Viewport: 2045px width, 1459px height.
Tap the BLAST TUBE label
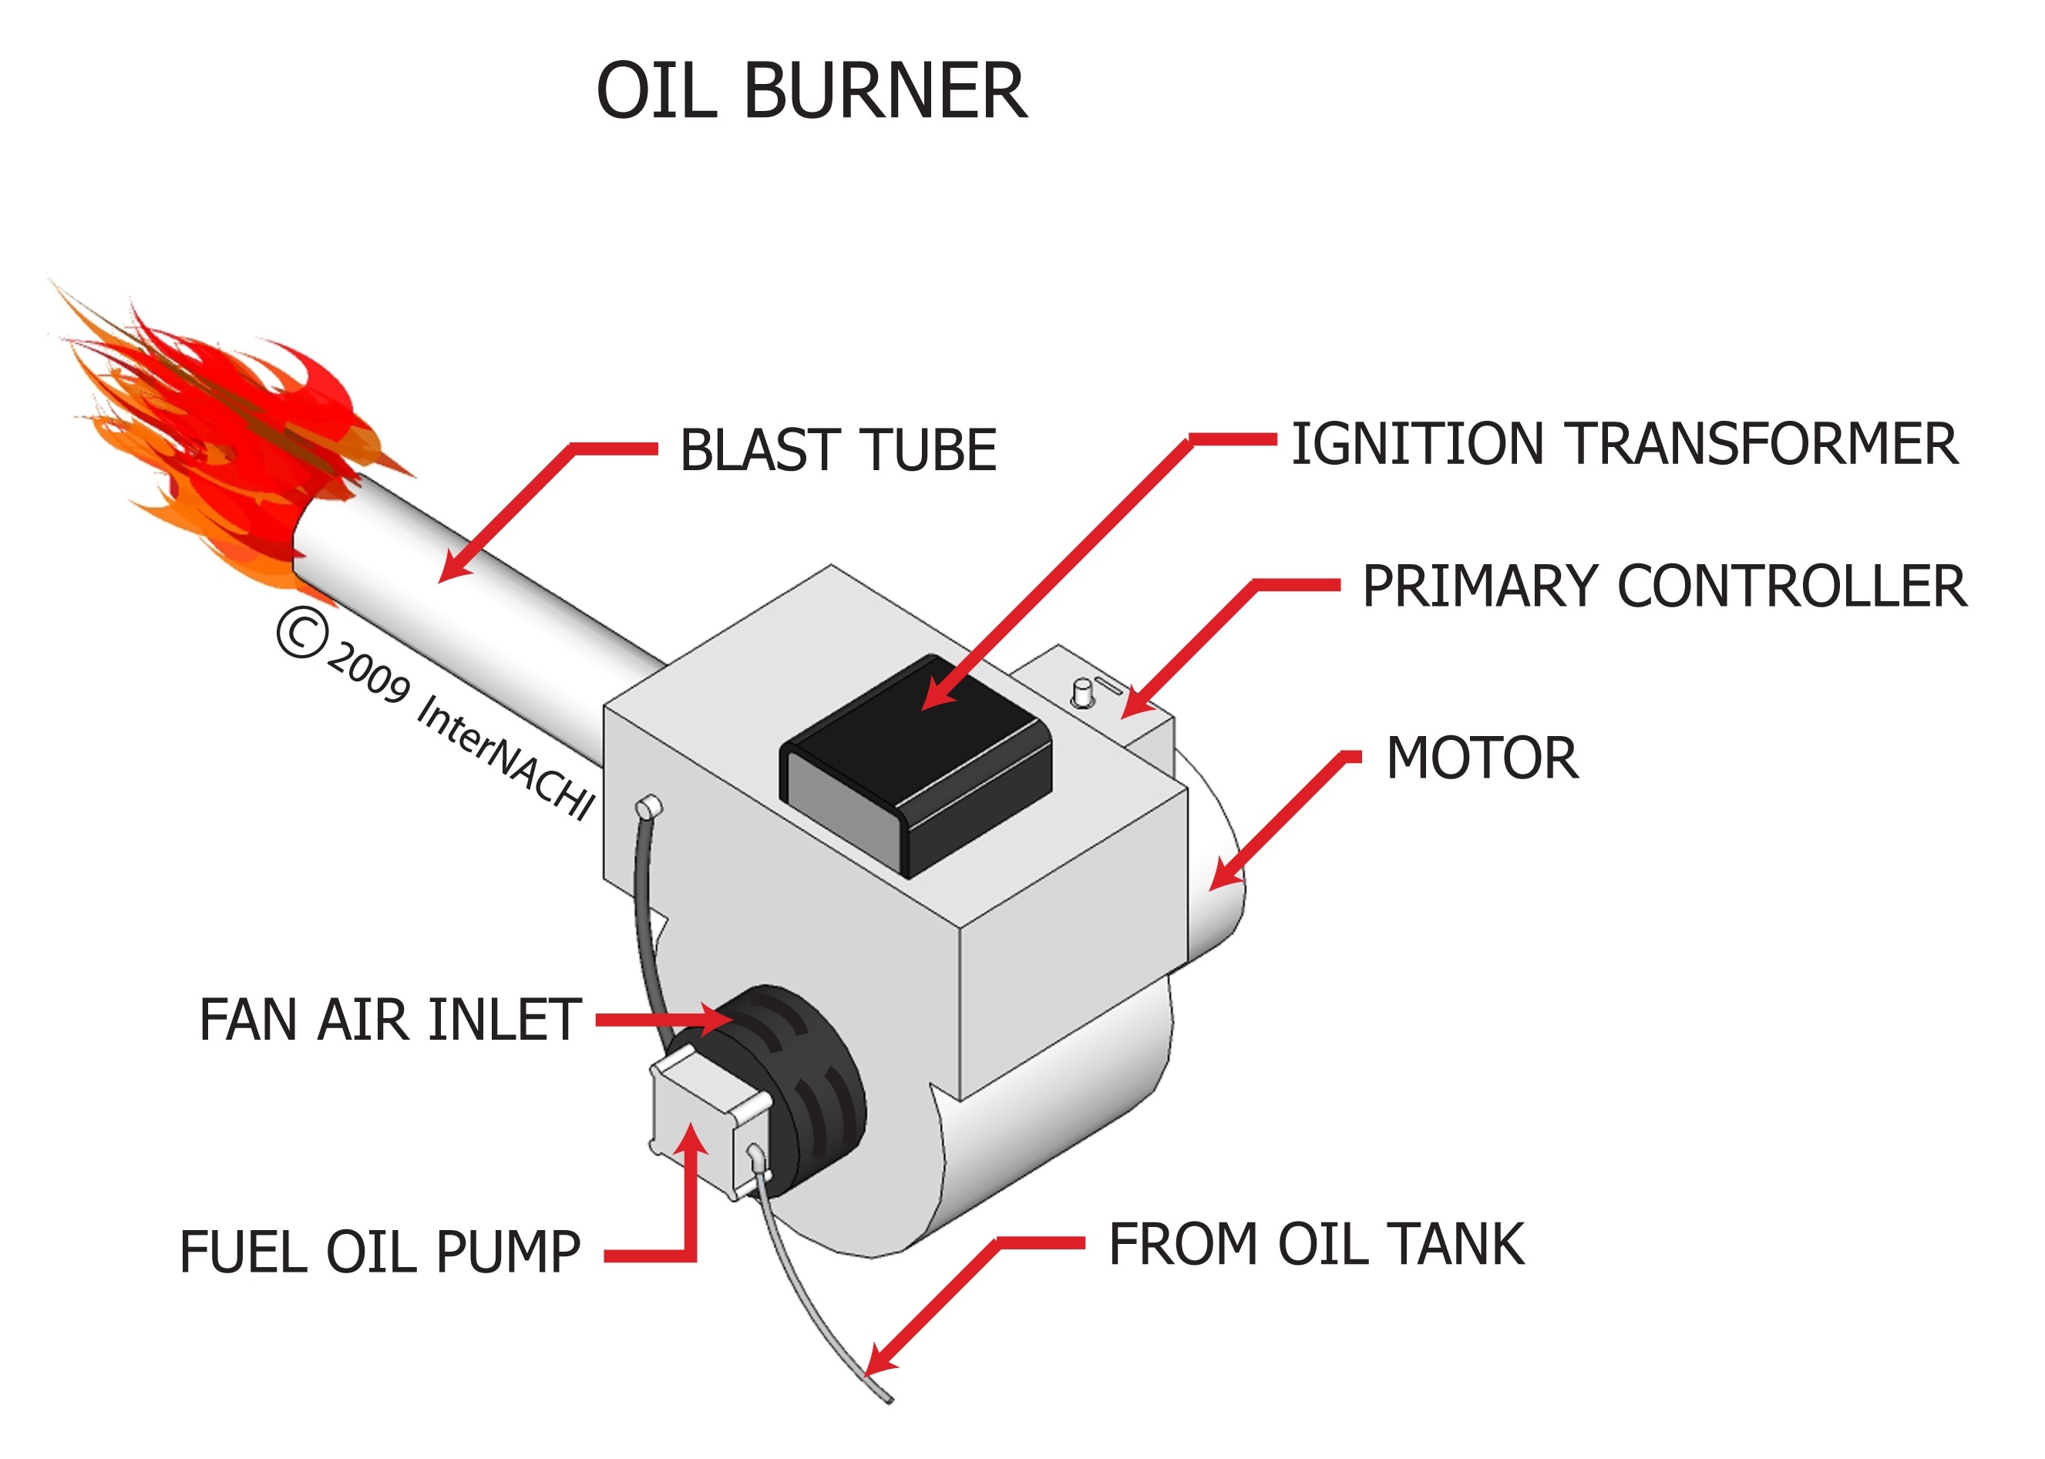point(837,450)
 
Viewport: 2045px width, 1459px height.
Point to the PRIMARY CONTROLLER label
point(1664,587)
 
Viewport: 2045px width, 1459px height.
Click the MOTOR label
point(1482,758)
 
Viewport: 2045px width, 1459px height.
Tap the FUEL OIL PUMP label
point(380,1252)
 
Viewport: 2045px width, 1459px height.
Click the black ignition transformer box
point(917,764)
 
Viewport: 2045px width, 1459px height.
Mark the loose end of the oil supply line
point(888,1398)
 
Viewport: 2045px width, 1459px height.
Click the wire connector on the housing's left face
point(649,807)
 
